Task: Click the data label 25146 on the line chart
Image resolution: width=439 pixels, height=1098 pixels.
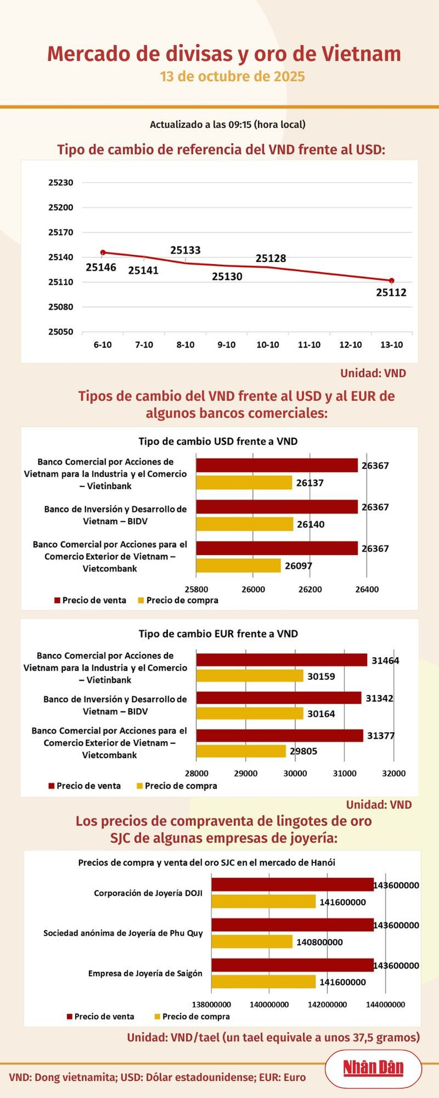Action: coord(101,267)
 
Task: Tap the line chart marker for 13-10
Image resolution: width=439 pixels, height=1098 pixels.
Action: coord(392,281)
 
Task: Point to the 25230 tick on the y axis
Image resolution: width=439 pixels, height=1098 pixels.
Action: coord(61,182)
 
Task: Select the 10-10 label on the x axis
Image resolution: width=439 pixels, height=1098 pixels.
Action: coord(268,345)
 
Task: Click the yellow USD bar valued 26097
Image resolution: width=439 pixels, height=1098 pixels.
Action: coord(238,565)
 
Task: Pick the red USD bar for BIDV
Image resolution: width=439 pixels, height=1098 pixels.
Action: coord(277,506)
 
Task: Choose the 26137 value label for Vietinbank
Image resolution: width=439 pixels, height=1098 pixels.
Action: coord(310,483)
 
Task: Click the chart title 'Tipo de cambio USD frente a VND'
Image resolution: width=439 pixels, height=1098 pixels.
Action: coord(218,441)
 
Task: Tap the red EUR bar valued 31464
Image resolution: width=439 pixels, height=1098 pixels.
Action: coord(282,660)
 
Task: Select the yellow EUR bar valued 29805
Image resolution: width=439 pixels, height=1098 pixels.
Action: coord(241,751)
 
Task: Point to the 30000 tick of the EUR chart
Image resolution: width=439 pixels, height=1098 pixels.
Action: coord(295,773)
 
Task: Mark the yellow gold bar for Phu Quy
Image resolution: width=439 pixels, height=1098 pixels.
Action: coord(252,942)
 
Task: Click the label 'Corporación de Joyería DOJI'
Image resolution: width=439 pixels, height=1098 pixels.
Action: coord(148,893)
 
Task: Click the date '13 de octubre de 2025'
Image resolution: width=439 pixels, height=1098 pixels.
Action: coord(232,76)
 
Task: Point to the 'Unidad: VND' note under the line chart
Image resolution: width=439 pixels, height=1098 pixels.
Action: coord(373,373)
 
